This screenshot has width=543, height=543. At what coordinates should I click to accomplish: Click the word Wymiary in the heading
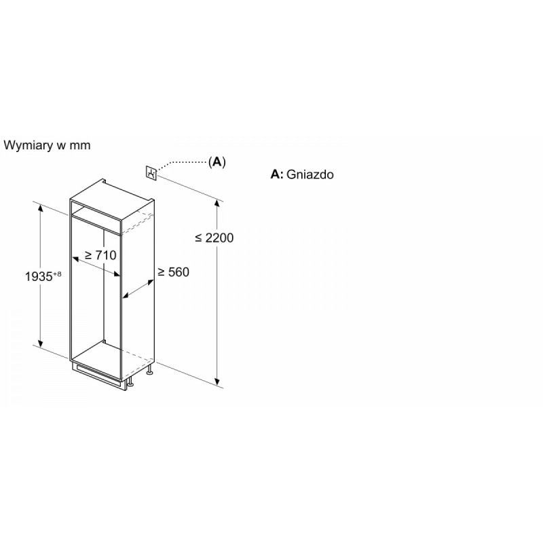click(x=29, y=145)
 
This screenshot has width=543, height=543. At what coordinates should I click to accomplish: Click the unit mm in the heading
click(x=80, y=145)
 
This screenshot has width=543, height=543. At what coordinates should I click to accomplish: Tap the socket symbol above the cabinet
click(x=151, y=172)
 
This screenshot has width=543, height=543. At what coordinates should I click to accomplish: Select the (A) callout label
click(x=217, y=162)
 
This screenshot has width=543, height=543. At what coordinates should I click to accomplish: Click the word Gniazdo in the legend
click(x=310, y=174)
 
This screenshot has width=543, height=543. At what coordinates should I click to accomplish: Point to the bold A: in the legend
click(x=277, y=174)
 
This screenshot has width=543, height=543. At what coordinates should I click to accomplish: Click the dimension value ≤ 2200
click(x=214, y=238)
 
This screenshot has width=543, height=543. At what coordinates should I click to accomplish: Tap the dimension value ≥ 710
click(x=100, y=255)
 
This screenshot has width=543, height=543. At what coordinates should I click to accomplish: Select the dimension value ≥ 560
click(x=173, y=272)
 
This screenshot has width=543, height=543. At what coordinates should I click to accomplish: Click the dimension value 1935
click(x=39, y=277)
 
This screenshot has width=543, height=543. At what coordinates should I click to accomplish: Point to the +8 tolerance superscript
click(x=57, y=274)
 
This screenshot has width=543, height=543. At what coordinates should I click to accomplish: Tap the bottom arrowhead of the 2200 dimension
click(x=217, y=381)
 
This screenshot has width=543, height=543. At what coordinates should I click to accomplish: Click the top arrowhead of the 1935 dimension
click(x=41, y=208)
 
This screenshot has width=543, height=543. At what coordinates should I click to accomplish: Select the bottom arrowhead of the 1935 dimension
click(x=41, y=343)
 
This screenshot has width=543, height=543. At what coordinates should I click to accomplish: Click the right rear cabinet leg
click(x=150, y=370)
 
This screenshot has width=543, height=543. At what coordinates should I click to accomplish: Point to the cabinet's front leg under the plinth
click(x=130, y=382)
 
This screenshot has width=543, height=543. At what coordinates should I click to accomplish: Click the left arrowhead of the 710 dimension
click(x=76, y=259)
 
